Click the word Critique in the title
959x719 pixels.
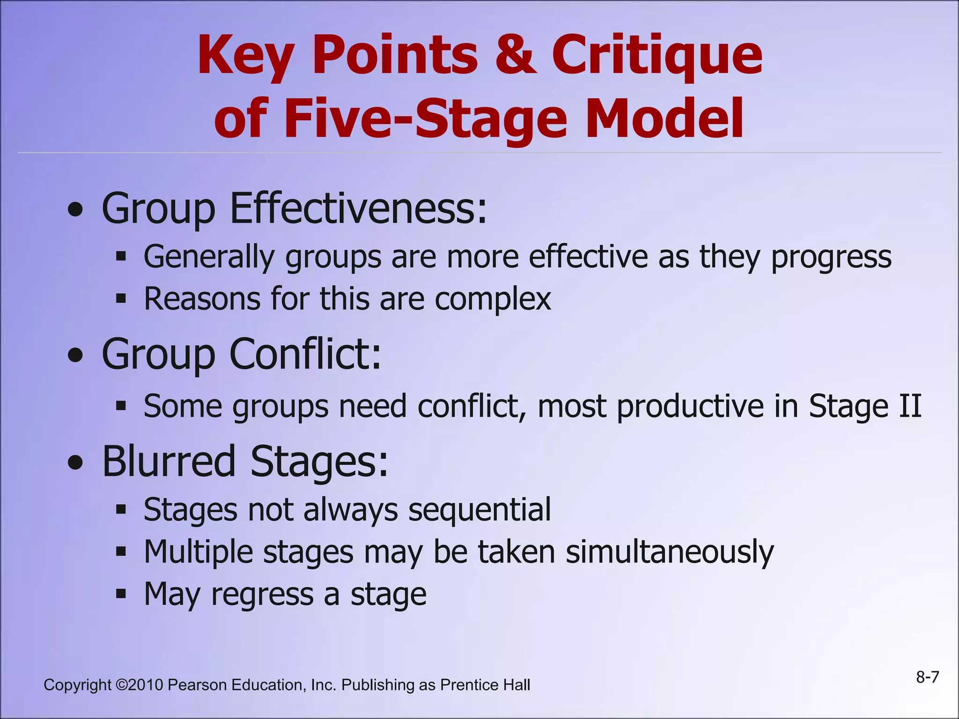click(657, 56)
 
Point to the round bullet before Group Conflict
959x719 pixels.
click(75, 356)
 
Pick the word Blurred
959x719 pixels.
click(169, 461)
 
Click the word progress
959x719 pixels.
click(831, 257)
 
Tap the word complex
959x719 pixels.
click(493, 300)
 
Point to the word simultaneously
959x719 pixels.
click(670, 552)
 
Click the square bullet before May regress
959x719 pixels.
click(121, 594)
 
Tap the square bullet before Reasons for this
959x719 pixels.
click(121, 298)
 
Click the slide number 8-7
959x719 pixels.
click(928, 677)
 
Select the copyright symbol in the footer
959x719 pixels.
click(121, 685)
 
